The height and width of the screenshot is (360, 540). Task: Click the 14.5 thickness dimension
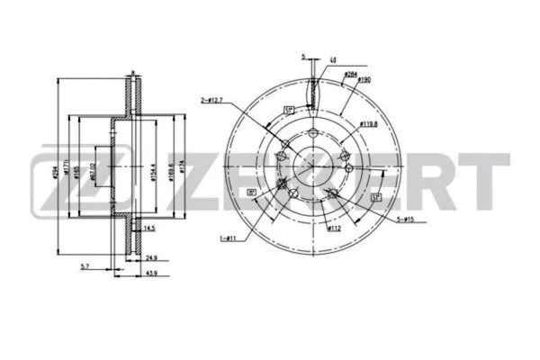(148, 229)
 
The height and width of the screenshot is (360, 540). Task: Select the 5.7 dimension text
(85, 265)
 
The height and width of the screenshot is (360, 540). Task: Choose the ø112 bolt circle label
(332, 228)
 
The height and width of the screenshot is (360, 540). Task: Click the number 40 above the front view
(334, 59)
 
